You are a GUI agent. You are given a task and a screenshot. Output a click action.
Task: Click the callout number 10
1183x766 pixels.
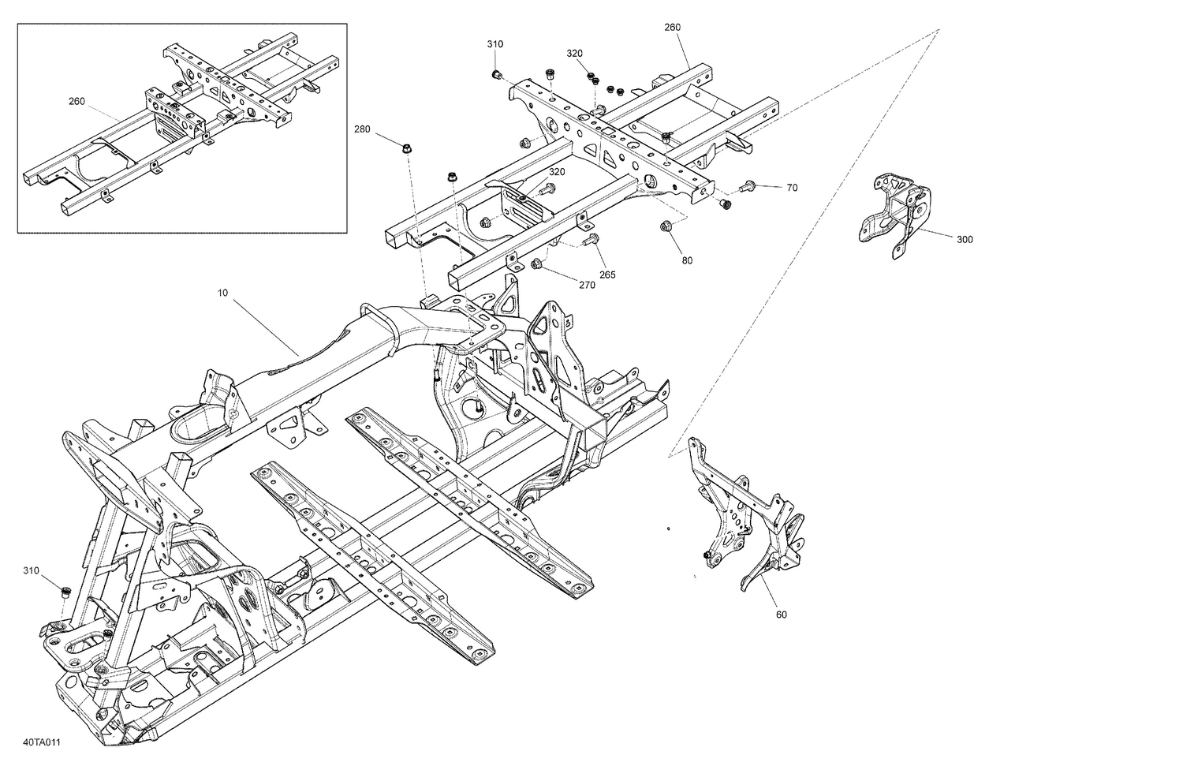[x=222, y=293]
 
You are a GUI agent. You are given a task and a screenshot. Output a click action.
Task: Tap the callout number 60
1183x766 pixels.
[x=781, y=615]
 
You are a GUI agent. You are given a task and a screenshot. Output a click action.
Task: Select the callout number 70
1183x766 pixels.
[x=792, y=188]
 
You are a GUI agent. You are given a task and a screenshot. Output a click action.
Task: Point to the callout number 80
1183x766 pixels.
[x=687, y=260]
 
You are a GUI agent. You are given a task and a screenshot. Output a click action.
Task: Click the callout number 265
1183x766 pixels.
[x=607, y=275]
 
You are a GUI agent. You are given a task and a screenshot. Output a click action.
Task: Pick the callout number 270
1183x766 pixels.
[x=587, y=286]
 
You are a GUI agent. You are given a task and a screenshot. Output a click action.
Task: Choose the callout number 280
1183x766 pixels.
[x=362, y=129]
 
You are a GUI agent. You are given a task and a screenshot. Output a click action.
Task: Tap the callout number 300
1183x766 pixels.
[x=965, y=239]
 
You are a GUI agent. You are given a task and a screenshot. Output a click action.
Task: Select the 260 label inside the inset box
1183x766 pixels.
[x=77, y=101]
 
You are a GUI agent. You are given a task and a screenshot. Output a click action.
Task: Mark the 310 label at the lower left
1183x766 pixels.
[x=31, y=570]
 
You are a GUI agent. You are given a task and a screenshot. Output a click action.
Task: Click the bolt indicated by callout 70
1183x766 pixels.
[x=747, y=187]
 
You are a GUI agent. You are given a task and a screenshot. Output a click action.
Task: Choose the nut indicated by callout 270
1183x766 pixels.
[x=536, y=263]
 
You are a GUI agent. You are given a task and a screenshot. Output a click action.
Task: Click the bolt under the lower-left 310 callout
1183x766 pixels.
[x=65, y=591]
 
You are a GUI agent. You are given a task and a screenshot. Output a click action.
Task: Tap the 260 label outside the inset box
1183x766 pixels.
[x=672, y=28]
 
